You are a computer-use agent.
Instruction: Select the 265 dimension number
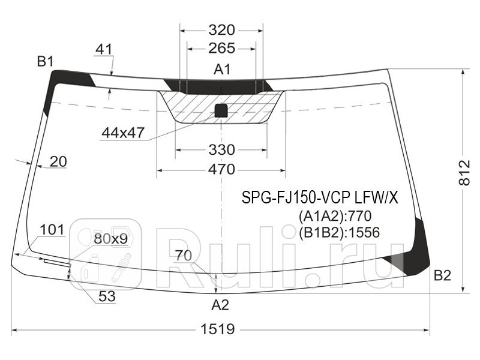click(x=221, y=49)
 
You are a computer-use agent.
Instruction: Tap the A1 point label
click(x=222, y=70)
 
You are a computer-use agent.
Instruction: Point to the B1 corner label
click(x=46, y=61)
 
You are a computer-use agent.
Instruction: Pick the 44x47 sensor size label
click(x=123, y=133)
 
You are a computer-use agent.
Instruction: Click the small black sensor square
click(x=221, y=110)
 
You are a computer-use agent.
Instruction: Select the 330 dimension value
click(x=221, y=149)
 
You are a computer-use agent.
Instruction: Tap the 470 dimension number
click(x=221, y=170)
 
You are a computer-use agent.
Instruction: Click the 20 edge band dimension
click(x=58, y=161)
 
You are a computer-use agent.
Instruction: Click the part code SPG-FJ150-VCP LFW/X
click(x=320, y=197)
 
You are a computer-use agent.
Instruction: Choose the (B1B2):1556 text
click(x=339, y=232)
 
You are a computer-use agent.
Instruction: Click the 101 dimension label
click(x=52, y=230)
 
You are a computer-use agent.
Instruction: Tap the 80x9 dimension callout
click(x=110, y=239)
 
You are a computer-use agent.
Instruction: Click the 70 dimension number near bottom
click(x=184, y=255)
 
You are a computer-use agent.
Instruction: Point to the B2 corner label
click(x=442, y=275)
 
